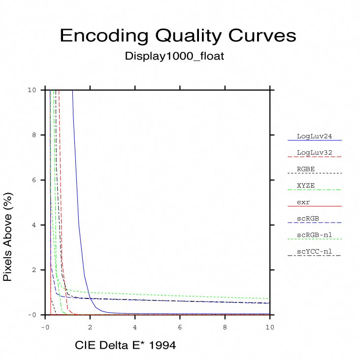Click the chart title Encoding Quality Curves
178,36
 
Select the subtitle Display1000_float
174,56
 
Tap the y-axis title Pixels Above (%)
7,237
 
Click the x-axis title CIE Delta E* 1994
125,346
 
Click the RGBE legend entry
306,169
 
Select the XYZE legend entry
306,185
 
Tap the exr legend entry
303,202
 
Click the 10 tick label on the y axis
32,90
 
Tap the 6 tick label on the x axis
180,327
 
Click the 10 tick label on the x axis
270,327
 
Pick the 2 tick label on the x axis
91,327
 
